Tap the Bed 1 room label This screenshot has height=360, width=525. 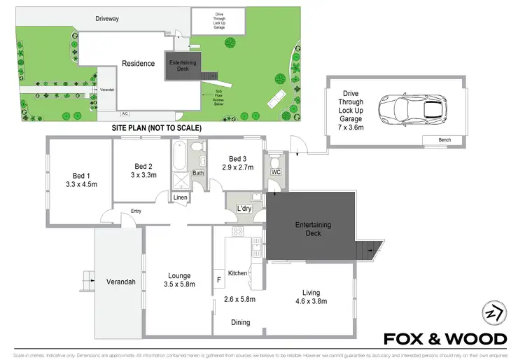[x=80, y=176]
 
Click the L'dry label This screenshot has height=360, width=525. [x=244, y=209]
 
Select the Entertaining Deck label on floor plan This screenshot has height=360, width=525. [x=312, y=229]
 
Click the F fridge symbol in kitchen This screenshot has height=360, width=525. [x=219, y=280]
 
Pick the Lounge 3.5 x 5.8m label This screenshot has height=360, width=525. [x=178, y=280]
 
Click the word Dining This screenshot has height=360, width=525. [x=240, y=323]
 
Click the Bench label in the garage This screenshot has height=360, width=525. [x=444, y=140]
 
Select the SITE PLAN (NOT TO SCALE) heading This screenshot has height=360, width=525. [x=157, y=129]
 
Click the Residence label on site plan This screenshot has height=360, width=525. [x=138, y=64]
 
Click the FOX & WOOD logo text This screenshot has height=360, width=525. [x=445, y=339]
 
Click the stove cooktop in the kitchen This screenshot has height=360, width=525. [x=237, y=233]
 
